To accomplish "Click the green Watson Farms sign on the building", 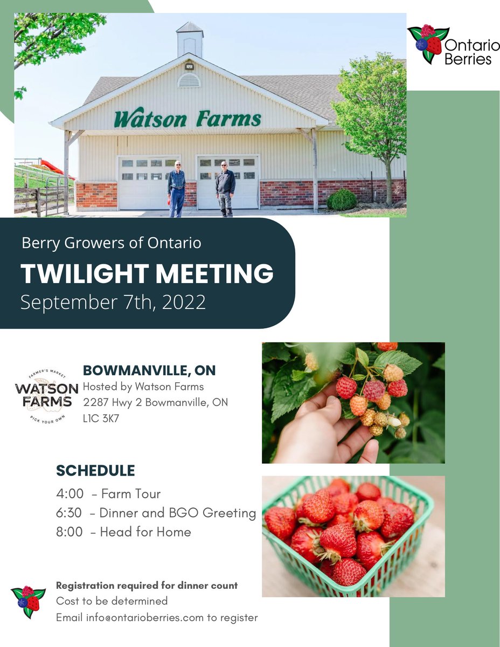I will [188, 119].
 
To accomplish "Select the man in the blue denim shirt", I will [176, 189].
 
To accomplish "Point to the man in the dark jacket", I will [225, 189].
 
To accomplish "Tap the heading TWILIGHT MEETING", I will [147, 274].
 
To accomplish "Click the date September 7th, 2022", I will [113, 302].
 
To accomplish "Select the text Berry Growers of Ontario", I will [112, 243].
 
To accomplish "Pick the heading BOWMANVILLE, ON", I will [149, 371].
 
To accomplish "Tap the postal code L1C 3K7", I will [101, 417].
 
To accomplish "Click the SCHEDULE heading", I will [95, 471].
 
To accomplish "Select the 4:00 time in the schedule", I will [69, 493].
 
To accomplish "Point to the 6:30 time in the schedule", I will [69, 513].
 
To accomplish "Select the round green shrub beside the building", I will [342, 199].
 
